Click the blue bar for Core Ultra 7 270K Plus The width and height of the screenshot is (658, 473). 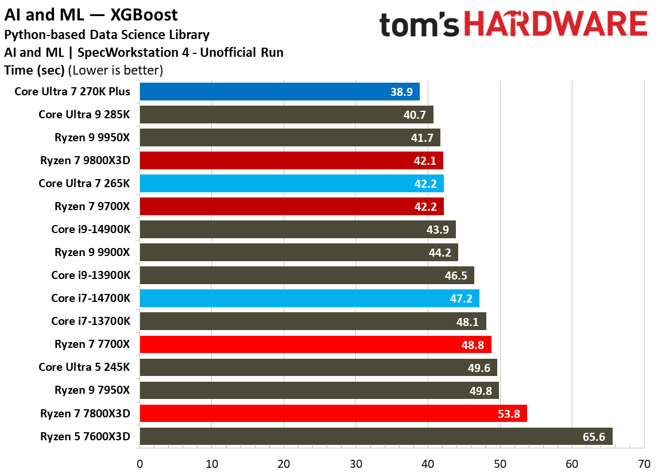279,91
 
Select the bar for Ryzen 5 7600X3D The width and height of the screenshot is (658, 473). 376,436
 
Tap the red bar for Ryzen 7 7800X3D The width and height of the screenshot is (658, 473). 333,413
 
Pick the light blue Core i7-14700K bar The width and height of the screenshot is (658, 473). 309,298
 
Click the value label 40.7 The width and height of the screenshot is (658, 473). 415,115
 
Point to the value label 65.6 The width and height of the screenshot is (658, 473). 594,437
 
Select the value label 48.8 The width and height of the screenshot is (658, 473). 473,344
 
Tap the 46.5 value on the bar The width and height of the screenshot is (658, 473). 456,276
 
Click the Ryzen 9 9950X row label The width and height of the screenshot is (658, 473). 92,137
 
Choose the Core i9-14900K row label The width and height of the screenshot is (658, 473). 91,229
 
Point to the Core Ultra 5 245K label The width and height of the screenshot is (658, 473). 84,367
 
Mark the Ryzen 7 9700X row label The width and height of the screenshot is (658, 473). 92,206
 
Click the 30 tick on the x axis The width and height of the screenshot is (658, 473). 356,463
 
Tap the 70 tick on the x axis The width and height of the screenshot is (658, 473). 644,463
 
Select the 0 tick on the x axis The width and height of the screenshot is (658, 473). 140,463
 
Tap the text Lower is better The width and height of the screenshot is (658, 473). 115,71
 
